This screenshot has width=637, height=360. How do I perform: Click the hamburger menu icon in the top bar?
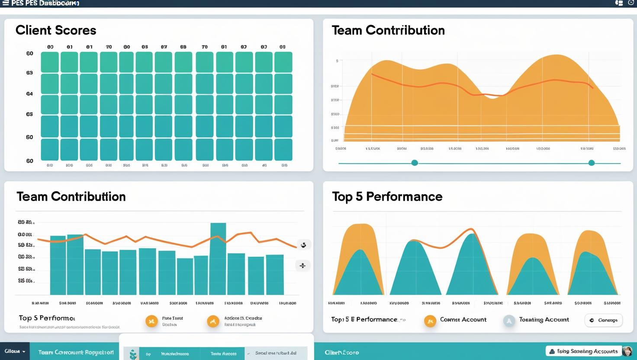(6, 3)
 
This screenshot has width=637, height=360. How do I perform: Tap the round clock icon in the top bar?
(631, 3)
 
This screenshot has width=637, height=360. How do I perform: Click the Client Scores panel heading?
(56, 30)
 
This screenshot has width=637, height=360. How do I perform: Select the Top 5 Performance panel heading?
(387, 196)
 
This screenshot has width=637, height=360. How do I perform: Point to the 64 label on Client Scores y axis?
(29, 93)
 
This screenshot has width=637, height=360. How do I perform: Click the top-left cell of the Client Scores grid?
(49, 62)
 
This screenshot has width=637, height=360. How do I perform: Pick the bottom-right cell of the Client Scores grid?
(283, 150)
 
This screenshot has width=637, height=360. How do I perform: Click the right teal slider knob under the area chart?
(592, 163)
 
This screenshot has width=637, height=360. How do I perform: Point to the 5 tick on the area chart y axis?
(337, 61)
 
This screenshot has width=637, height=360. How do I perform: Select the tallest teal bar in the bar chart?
(218, 259)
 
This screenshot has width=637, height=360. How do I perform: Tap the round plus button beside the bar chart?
(303, 265)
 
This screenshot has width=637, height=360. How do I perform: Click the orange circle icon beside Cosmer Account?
(430, 321)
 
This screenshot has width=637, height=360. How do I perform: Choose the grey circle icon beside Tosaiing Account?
(509, 321)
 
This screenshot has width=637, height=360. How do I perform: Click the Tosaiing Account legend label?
(544, 320)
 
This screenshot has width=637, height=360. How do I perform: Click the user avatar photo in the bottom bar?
(627, 351)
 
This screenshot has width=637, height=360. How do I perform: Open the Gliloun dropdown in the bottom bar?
(15, 351)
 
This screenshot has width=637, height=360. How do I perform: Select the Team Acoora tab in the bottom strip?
(223, 354)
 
